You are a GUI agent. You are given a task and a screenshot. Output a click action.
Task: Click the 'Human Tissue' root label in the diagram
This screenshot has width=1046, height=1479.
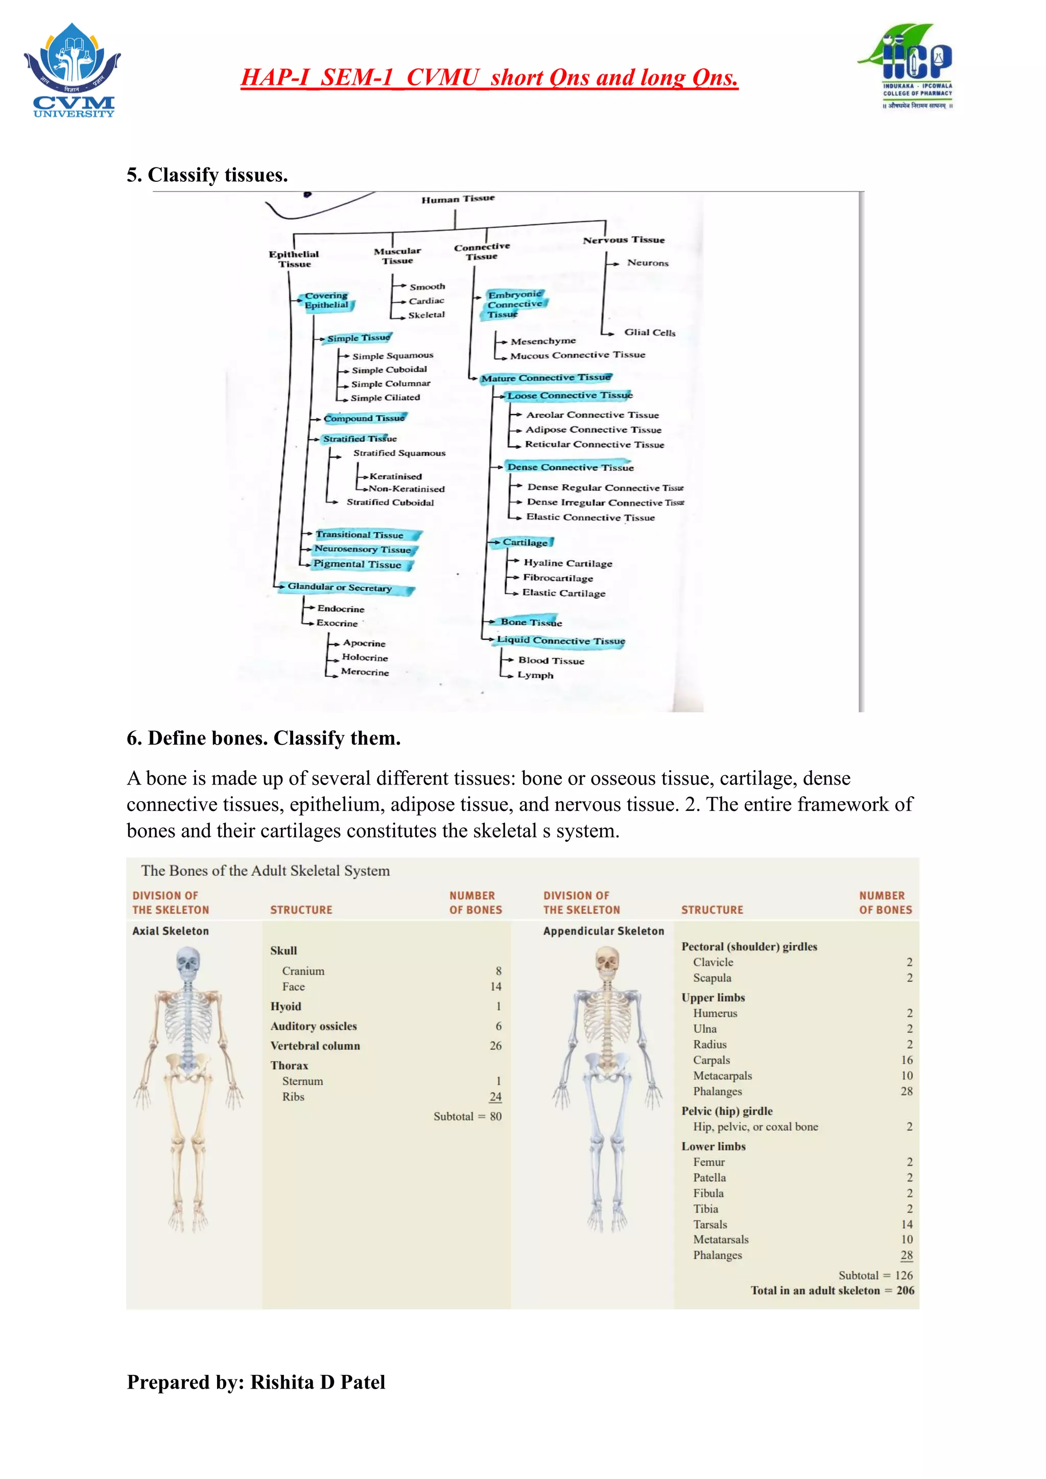click(458, 199)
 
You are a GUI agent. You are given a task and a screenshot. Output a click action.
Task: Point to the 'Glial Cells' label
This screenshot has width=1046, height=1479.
click(649, 332)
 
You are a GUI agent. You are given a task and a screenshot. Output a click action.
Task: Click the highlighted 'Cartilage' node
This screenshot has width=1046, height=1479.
click(525, 542)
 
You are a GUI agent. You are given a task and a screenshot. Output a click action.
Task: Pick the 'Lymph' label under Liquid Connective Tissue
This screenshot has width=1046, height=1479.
click(535, 675)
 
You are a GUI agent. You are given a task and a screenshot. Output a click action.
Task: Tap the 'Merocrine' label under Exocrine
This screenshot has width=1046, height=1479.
click(365, 672)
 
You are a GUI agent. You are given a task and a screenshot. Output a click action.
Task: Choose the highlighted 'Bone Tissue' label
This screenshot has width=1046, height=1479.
click(531, 622)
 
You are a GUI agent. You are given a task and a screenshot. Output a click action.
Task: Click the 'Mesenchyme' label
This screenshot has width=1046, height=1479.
click(543, 342)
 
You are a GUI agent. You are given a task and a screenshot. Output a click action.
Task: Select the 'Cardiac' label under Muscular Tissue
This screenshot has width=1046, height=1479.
click(426, 301)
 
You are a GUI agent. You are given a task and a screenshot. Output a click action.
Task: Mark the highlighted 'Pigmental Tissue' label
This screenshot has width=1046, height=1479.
click(358, 564)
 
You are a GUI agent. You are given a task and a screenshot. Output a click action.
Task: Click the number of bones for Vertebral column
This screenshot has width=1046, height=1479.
click(495, 1045)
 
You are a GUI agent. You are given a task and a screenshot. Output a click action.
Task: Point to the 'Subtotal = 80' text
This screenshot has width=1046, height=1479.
click(467, 1116)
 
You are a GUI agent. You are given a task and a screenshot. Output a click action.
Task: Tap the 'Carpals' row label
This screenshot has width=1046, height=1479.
click(711, 1060)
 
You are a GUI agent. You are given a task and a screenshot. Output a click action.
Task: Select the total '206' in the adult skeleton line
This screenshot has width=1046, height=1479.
click(905, 1290)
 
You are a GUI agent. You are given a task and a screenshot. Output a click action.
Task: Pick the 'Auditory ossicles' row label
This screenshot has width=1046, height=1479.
click(313, 1026)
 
